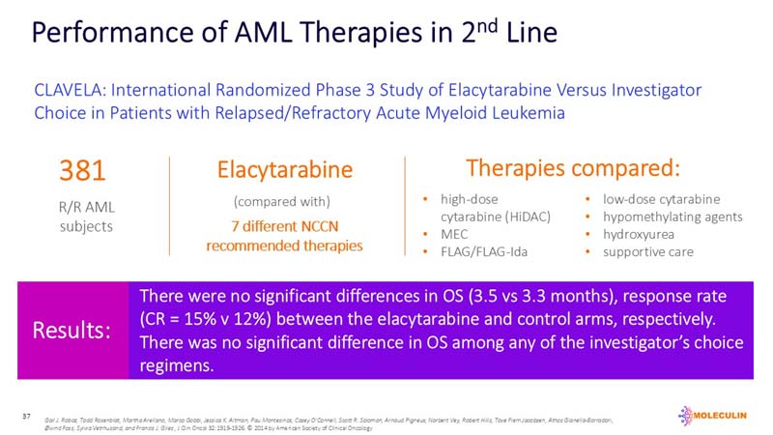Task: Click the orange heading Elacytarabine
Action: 284,171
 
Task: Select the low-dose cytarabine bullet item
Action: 661,199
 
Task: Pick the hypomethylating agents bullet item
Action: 673,217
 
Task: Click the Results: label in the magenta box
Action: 72,330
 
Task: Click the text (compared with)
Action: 284,202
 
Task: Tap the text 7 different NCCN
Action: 284,226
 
